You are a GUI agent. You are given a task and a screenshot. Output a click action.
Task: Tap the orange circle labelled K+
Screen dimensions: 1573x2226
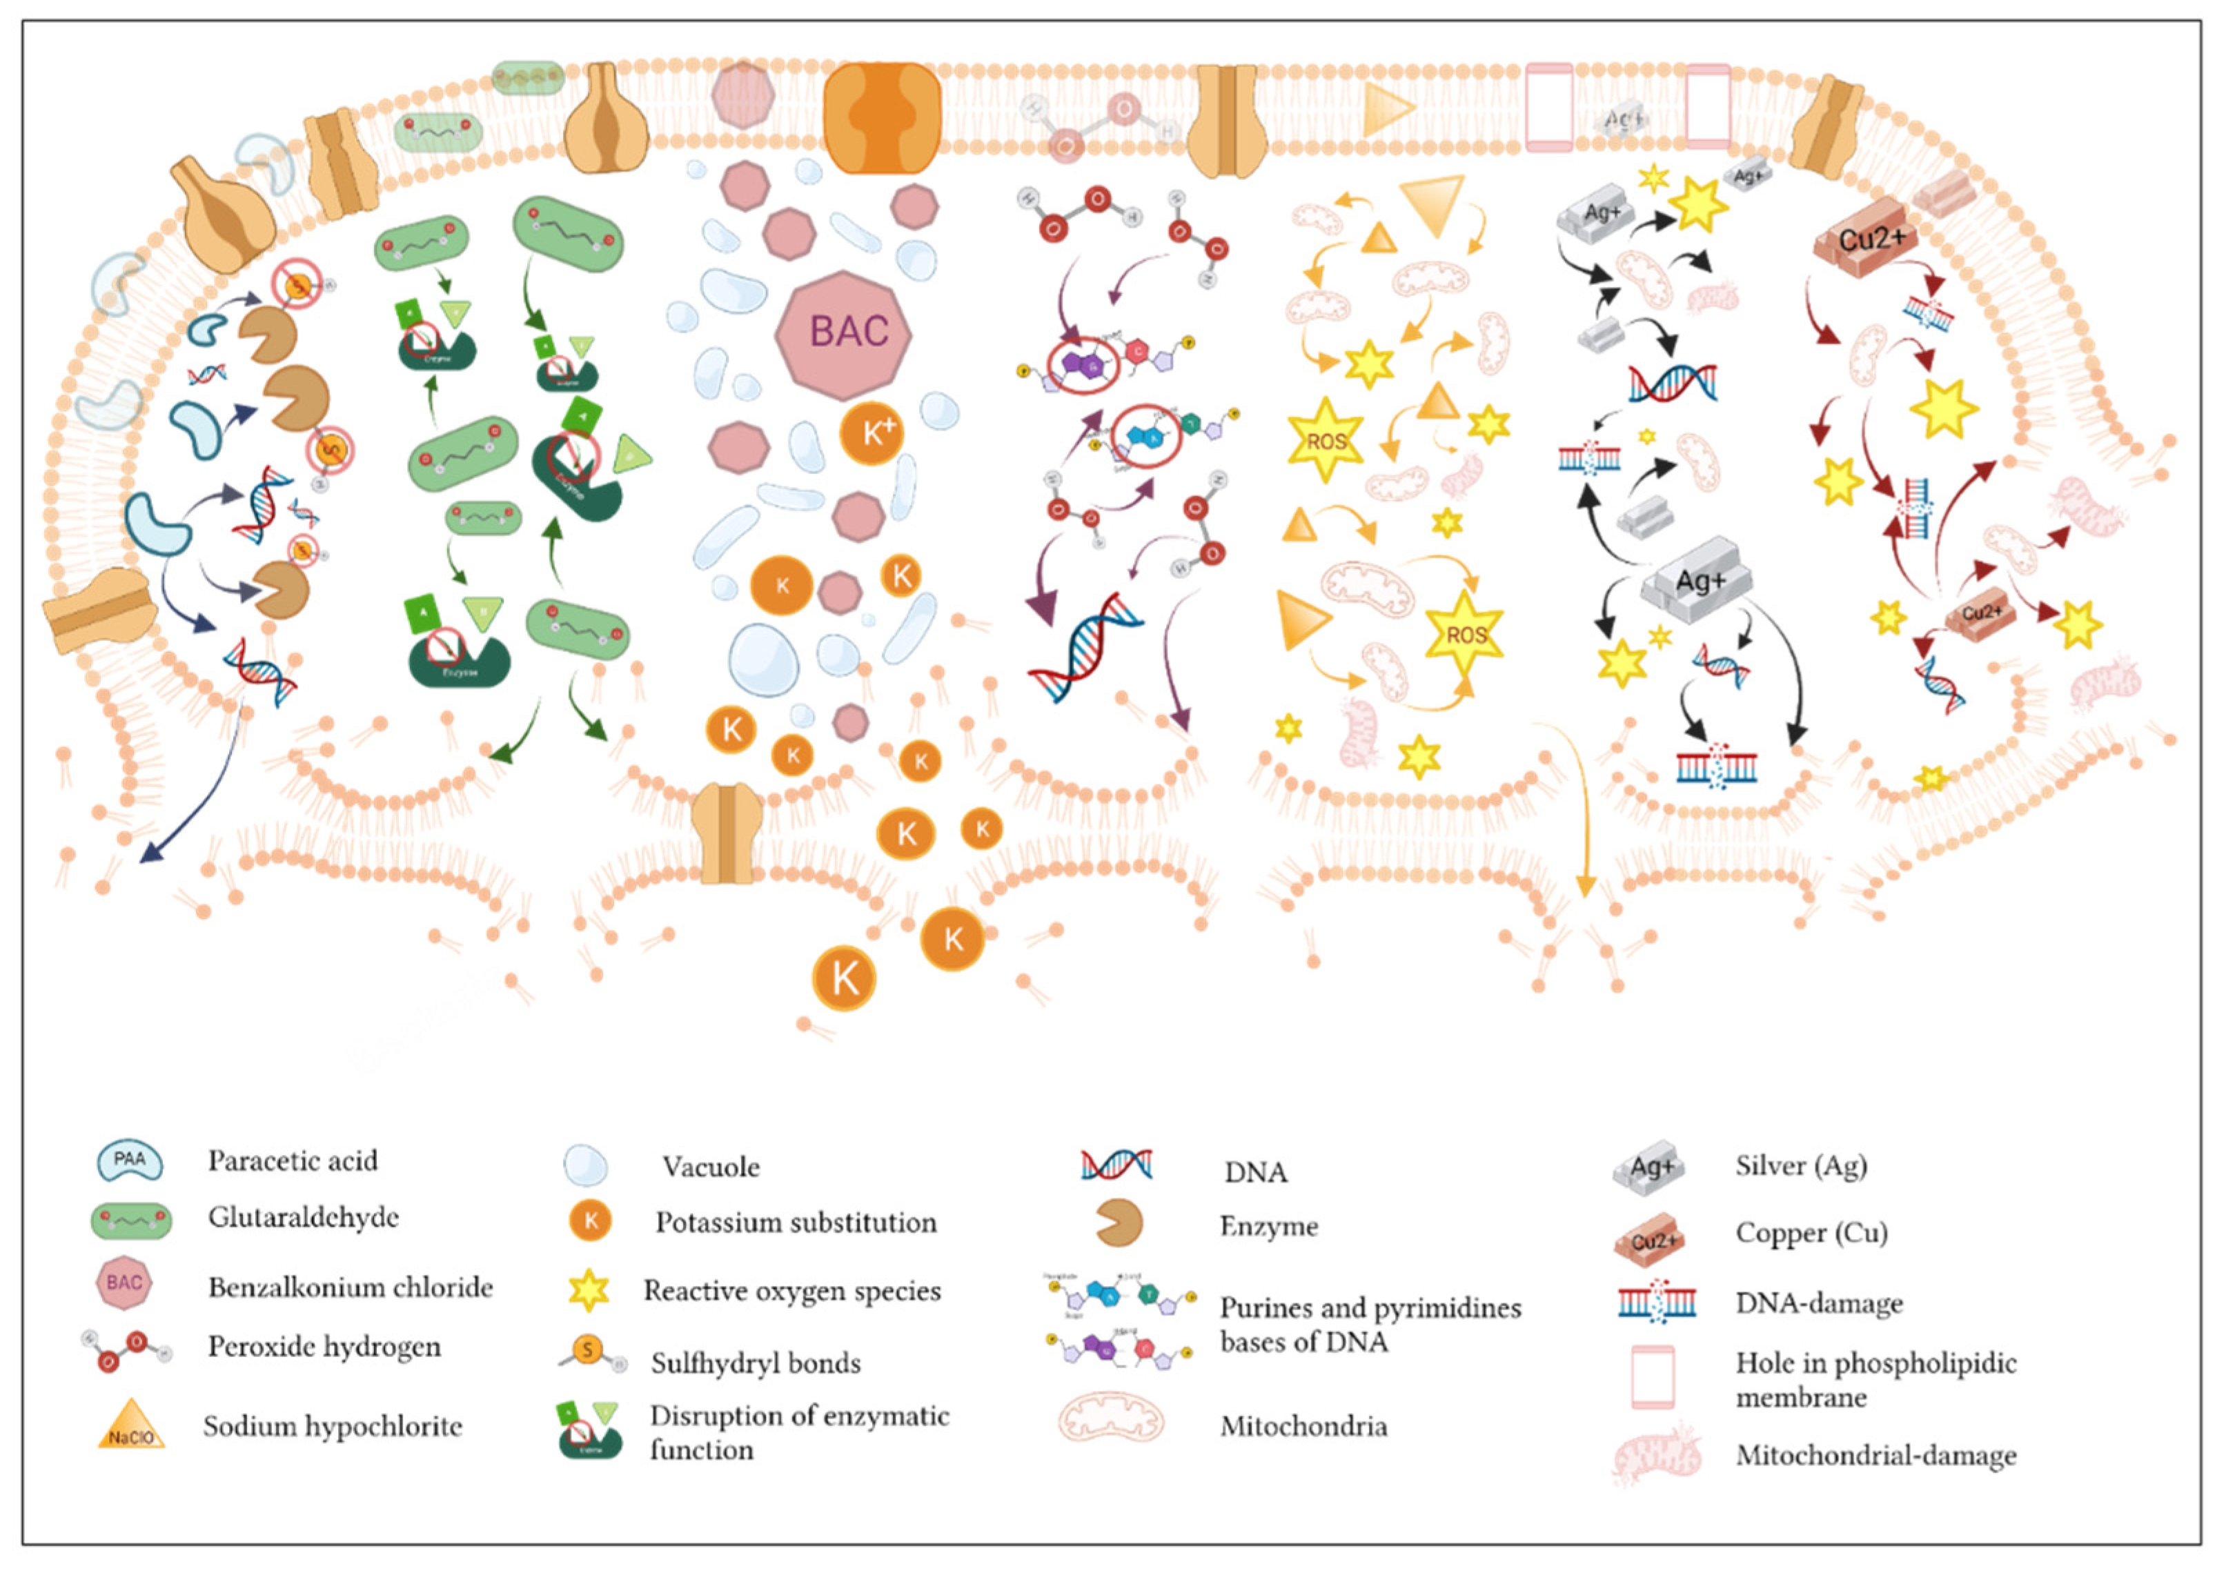click(x=871, y=433)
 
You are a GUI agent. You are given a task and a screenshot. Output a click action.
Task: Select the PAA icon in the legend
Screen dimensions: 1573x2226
click(x=129, y=1160)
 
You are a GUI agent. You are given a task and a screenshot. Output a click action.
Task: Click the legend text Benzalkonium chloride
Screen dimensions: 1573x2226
click(x=350, y=1287)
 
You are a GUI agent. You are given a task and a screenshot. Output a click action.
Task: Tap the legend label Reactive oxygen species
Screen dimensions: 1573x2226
click(x=792, y=1291)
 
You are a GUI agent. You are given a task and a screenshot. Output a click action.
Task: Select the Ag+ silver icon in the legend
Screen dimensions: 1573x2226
click(x=1649, y=1168)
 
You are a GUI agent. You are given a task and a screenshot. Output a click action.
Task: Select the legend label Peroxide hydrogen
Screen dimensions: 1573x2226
click(x=324, y=1346)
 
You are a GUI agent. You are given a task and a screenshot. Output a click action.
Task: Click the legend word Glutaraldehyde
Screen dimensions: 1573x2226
click(x=304, y=1217)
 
